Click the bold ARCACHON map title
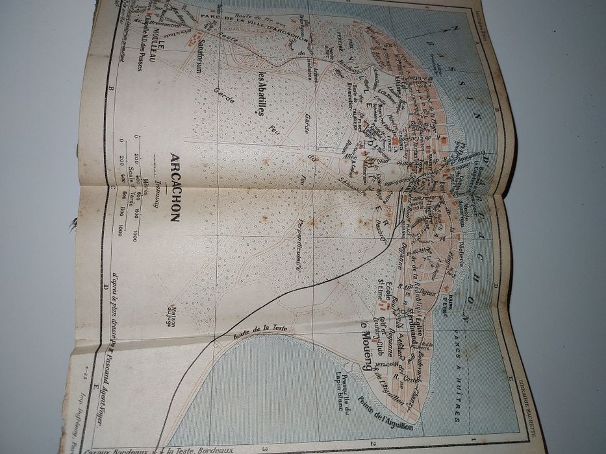[174, 187]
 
